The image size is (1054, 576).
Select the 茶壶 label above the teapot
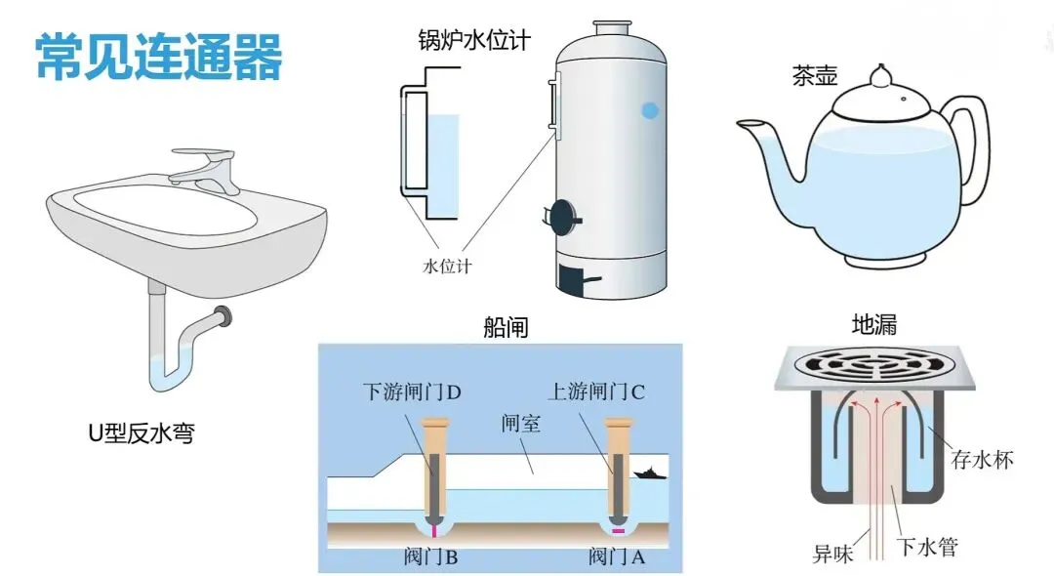(814, 77)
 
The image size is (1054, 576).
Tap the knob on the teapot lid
(881, 74)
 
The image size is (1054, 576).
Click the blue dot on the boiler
(649, 111)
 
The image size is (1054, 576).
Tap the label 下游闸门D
(411, 392)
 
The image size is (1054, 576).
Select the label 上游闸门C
(596, 392)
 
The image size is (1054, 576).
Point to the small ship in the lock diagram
(647, 473)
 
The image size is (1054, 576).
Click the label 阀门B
(429, 557)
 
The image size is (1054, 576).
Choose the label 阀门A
(617, 557)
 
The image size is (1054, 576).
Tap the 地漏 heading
(873, 325)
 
